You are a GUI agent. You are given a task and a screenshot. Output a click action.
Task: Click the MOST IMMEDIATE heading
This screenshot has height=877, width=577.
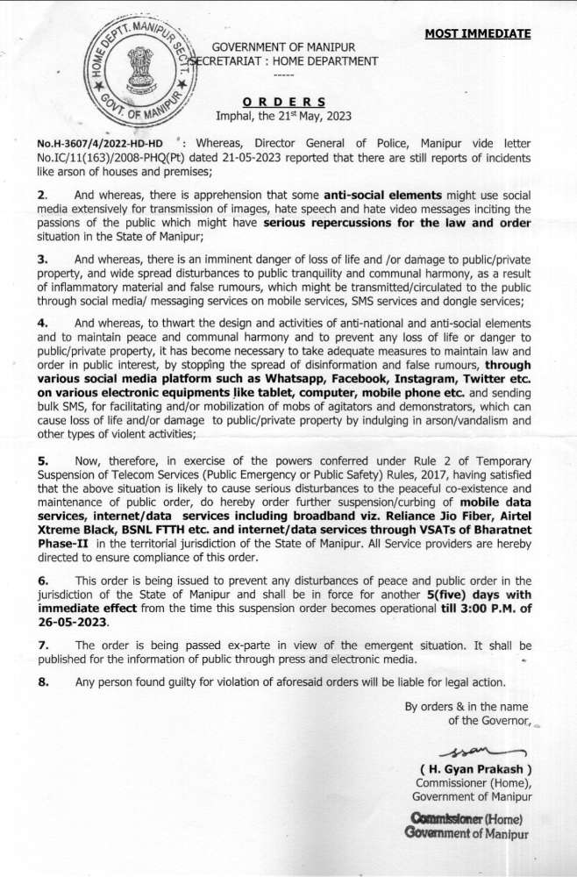(x=478, y=33)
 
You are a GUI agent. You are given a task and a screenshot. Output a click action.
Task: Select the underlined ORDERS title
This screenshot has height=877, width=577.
(x=283, y=102)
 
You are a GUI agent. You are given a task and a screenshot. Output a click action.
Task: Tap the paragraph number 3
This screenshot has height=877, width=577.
(x=42, y=260)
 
